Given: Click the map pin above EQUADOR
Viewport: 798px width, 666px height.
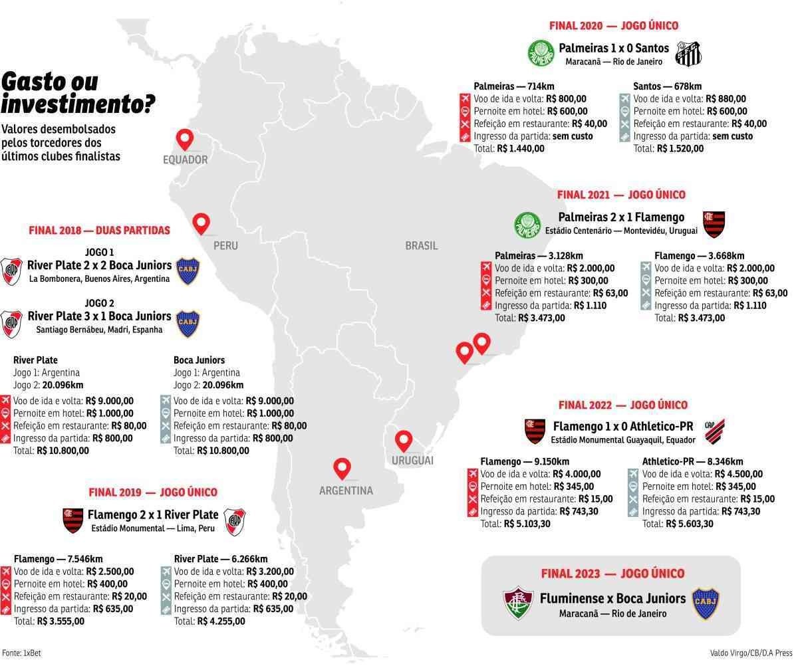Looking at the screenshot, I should pos(184,140).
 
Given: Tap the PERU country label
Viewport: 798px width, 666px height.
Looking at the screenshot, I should pos(225,245).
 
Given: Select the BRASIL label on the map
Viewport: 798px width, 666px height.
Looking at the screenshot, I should pos(422,245).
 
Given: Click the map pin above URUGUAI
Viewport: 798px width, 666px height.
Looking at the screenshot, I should pos(403,441).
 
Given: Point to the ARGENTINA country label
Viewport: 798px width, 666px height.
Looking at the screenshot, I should pos(346,491).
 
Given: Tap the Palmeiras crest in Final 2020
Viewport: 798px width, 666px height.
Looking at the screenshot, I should pos(541,53).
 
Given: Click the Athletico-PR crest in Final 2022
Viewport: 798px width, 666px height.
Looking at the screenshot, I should pos(715,431).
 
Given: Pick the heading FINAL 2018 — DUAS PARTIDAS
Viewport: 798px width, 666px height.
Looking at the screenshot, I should pos(99,230).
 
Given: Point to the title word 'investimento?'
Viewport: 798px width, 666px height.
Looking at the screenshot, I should pos(79,104).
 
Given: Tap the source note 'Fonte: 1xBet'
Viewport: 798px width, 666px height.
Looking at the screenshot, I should pos(17,653).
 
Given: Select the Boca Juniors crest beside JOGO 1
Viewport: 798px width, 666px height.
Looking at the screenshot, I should pos(188,271).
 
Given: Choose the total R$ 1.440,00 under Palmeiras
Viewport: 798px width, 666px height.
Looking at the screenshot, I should pos(520,148).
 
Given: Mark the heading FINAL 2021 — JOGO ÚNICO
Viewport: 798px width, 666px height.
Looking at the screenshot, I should pos(621,195).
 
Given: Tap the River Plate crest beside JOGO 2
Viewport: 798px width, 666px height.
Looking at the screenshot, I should pos(11,322).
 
